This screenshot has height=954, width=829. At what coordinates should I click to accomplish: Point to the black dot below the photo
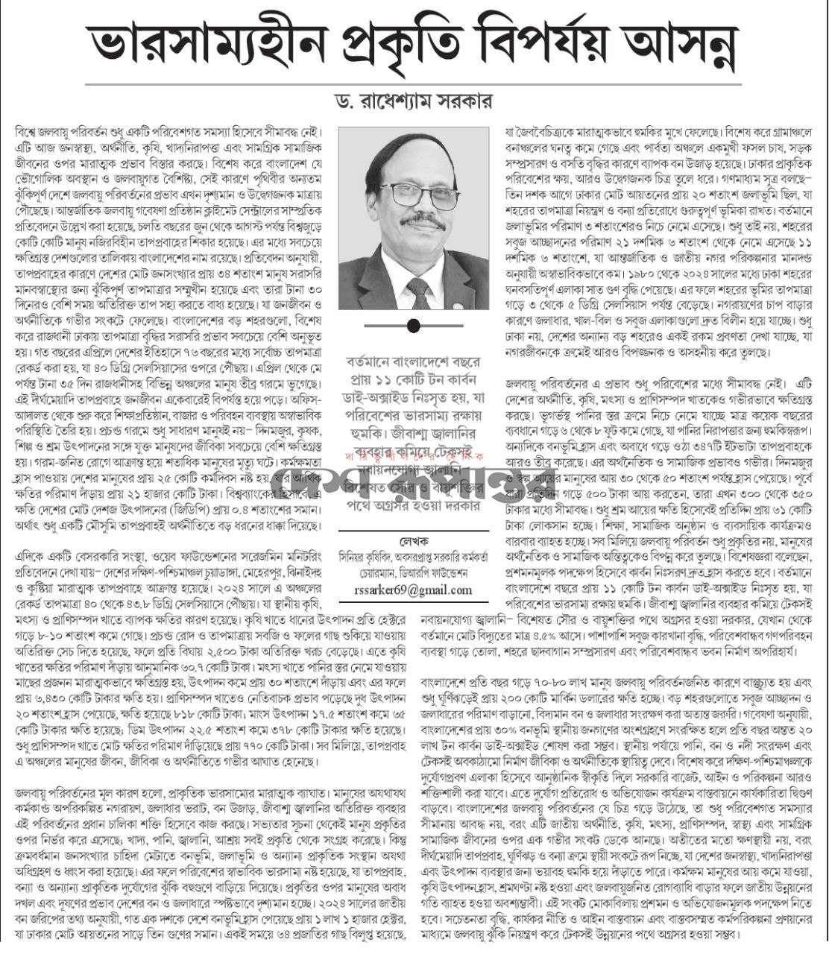(414, 326)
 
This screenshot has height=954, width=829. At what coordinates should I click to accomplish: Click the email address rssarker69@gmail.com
(414, 590)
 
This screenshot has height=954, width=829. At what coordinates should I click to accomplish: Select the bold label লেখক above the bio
(414, 540)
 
